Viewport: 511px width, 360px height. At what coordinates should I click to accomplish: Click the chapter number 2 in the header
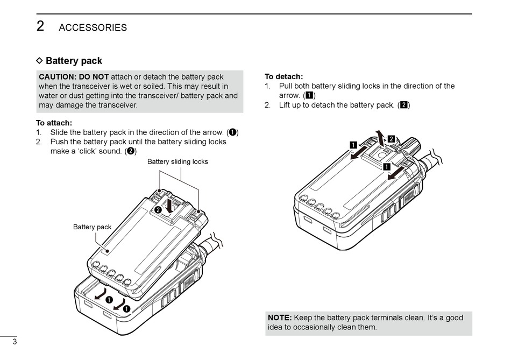coord(40,26)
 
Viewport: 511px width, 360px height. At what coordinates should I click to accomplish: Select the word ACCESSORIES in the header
coord(93,27)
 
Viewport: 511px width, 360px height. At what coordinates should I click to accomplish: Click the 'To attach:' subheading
coord(54,123)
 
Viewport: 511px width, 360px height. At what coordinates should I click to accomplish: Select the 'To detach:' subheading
coord(283,76)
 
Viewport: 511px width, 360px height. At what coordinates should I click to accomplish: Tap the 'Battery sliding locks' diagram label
coord(178,161)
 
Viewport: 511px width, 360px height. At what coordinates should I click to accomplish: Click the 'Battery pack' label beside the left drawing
coord(93,227)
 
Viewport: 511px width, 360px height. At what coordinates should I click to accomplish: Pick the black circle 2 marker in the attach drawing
coord(158,209)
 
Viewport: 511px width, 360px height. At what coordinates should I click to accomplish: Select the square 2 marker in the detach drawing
coord(391,139)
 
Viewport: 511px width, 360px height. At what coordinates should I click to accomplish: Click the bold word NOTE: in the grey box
coord(280,317)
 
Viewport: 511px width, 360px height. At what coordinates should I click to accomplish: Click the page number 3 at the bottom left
coord(15,342)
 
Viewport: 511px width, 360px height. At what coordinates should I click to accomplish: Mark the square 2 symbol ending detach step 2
coord(403,105)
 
